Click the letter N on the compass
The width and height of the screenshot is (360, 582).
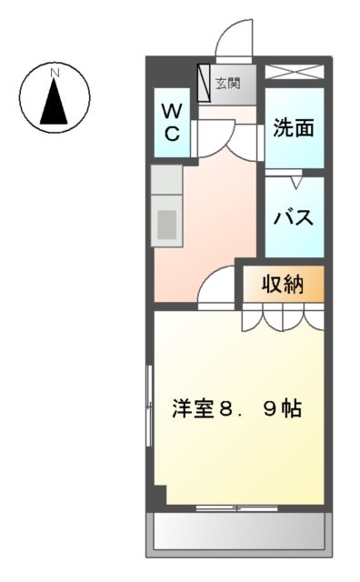[x=55, y=71]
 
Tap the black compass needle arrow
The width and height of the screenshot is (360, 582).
[x=55, y=102]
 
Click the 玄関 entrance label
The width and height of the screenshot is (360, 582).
[x=227, y=85]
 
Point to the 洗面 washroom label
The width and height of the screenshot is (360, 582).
[x=294, y=128]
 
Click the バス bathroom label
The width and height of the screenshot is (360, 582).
[x=294, y=218]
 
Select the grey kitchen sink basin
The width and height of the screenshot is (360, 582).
[x=167, y=223]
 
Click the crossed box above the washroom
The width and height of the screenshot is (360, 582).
[x=294, y=72]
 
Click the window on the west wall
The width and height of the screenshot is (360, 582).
[x=150, y=404]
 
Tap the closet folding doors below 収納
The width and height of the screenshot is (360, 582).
[x=283, y=319]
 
